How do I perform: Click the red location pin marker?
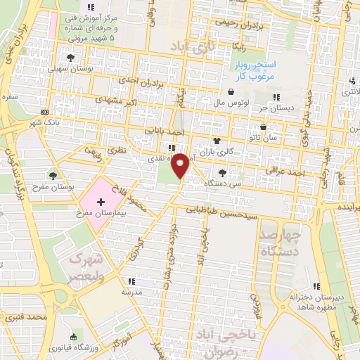point(181,165)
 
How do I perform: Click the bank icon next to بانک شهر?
point(45,112)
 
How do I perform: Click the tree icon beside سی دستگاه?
point(223,172)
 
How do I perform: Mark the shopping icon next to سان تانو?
point(263,127)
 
